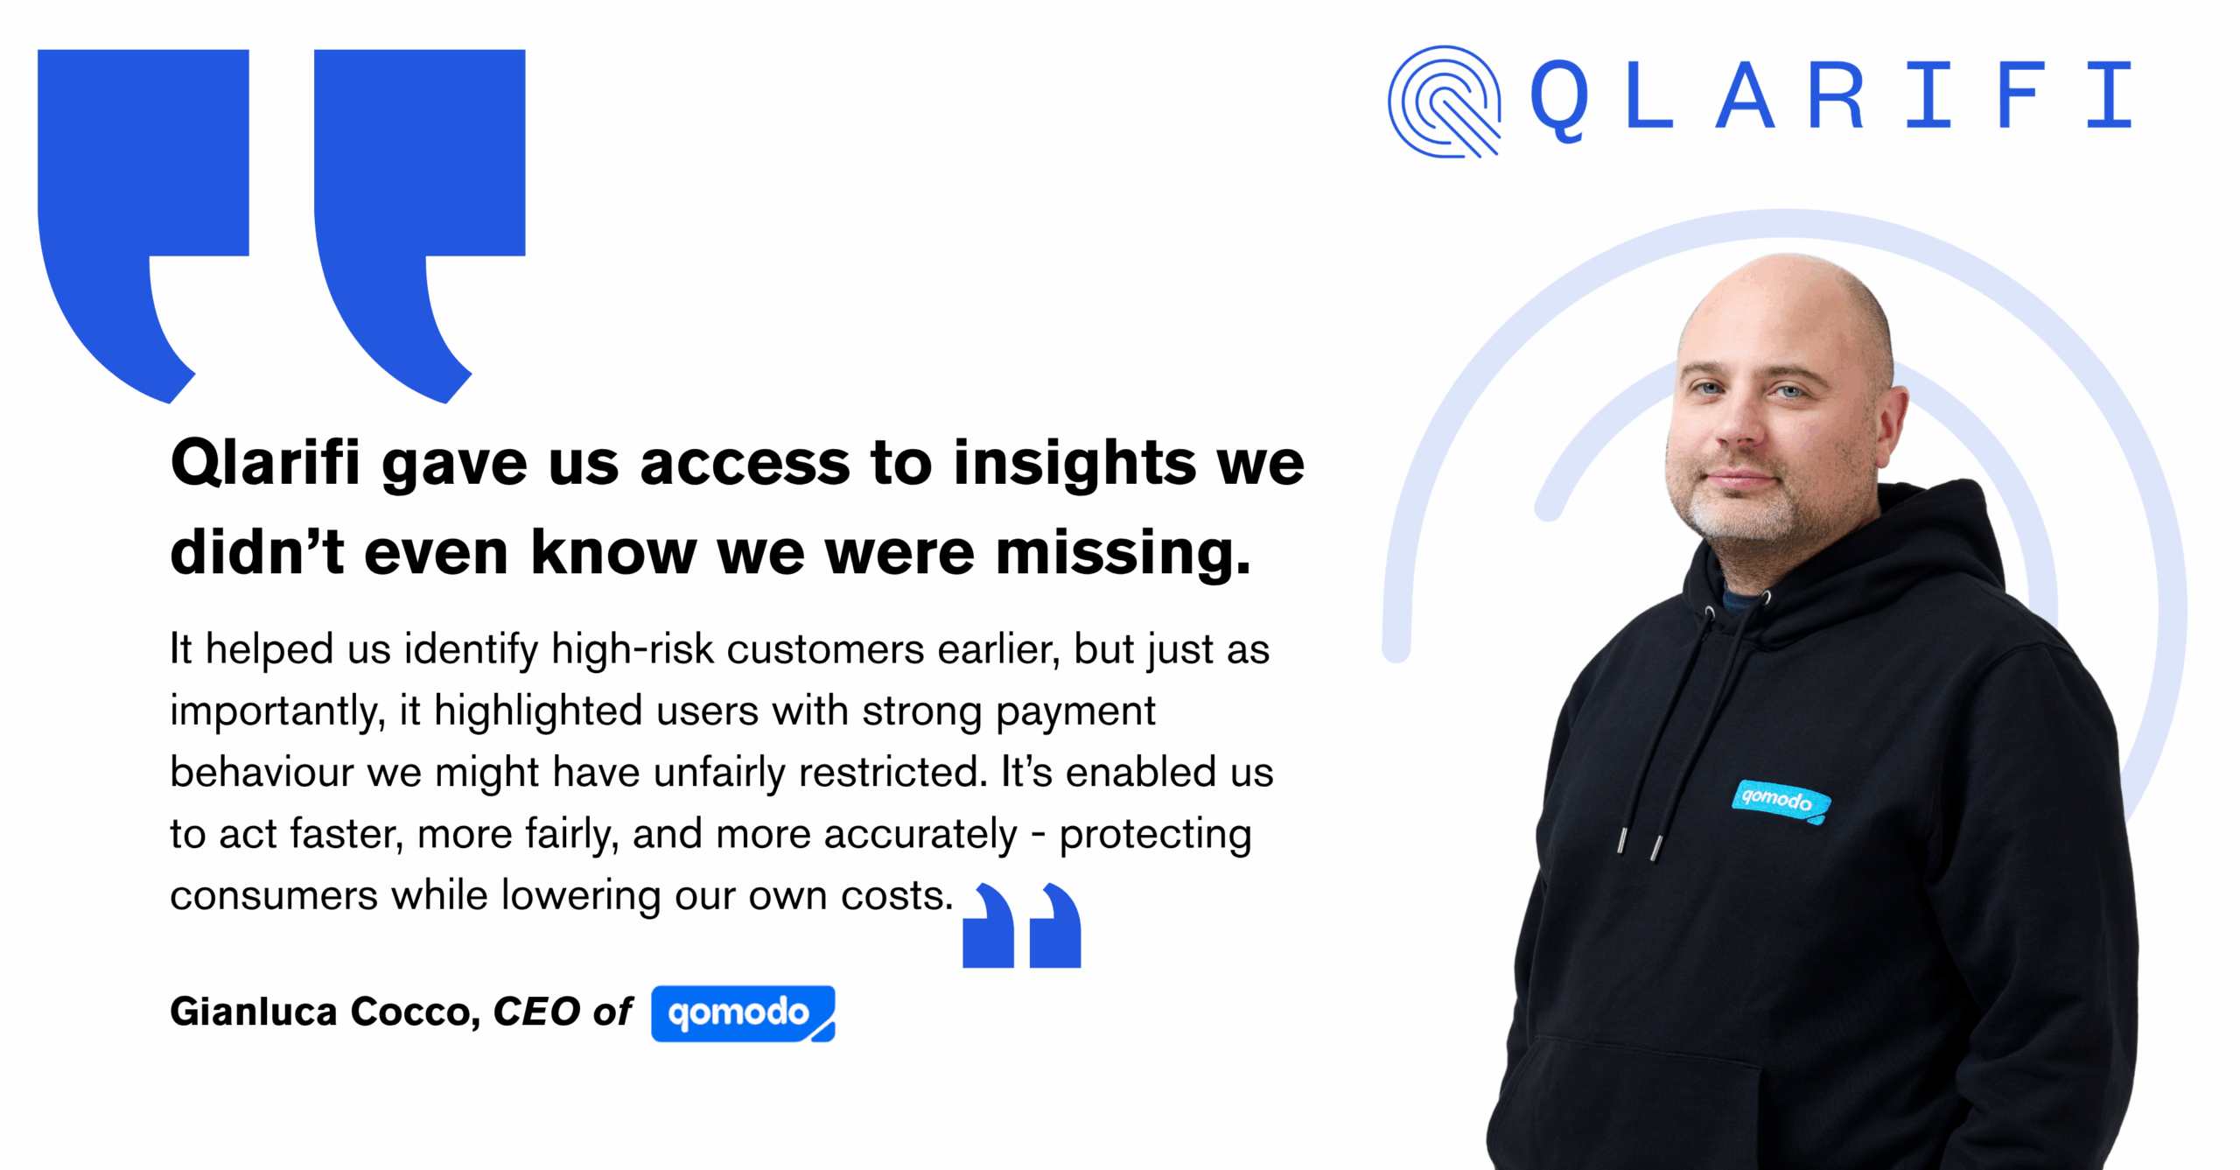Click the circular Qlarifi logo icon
pos(1445,102)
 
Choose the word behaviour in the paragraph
pos(262,772)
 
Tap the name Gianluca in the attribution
pos(254,1012)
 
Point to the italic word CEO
pos(536,1012)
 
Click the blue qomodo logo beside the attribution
pos(743,1013)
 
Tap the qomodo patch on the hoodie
pos(1780,801)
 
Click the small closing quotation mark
pos(1022,925)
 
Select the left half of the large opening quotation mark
pos(143,226)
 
